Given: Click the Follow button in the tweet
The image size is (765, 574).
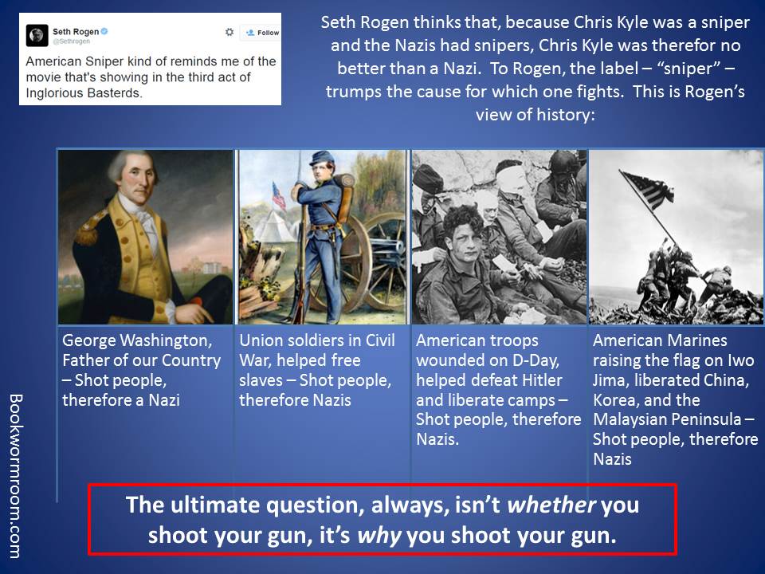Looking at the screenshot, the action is [261, 33].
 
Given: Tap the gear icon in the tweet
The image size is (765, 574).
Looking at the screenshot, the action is [229, 32].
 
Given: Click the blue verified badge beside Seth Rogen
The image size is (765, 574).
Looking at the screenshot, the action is [104, 31].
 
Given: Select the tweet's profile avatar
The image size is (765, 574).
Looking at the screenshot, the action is [37, 35].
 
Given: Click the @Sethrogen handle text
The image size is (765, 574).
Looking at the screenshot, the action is [71, 41].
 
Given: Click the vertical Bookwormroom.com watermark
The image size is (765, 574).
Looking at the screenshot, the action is [16, 476].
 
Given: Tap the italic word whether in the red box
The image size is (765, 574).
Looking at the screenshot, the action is [551, 505].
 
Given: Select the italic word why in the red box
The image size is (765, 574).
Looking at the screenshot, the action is [379, 536].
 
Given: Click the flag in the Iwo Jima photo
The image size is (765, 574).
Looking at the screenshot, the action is [648, 188].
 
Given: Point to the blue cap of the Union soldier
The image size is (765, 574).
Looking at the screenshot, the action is [321, 157].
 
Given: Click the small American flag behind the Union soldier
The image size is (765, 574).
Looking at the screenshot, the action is [279, 196].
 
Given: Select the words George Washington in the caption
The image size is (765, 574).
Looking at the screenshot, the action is [137, 340].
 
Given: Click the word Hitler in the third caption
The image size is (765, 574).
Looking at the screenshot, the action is [542, 380].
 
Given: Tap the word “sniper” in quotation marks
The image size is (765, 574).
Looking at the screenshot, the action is [688, 69].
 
